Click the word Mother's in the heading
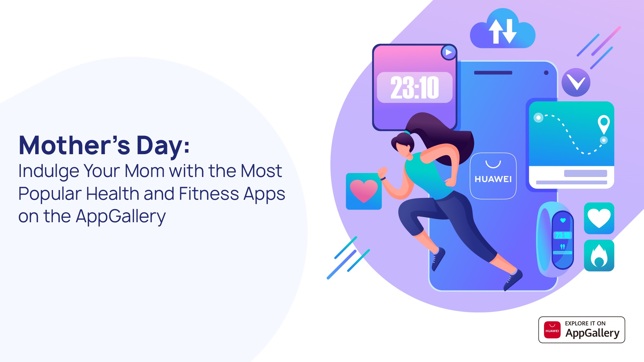click(74, 145)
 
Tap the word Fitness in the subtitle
click(208, 194)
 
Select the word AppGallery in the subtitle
click(121, 216)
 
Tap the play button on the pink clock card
click(449, 53)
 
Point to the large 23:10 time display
click(415, 88)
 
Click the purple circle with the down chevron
click(576, 82)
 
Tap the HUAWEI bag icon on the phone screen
click(493, 176)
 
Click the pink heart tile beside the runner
click(364, 191)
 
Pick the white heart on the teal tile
click(599, 218)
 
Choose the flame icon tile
click(599, 256)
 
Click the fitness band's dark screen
click(563, 240)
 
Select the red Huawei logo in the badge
click(552, 330)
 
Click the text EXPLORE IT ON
click(585, 323)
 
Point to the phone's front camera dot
click(546, 73)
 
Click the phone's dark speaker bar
click(493, 73)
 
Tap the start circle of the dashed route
click(538, 118)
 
